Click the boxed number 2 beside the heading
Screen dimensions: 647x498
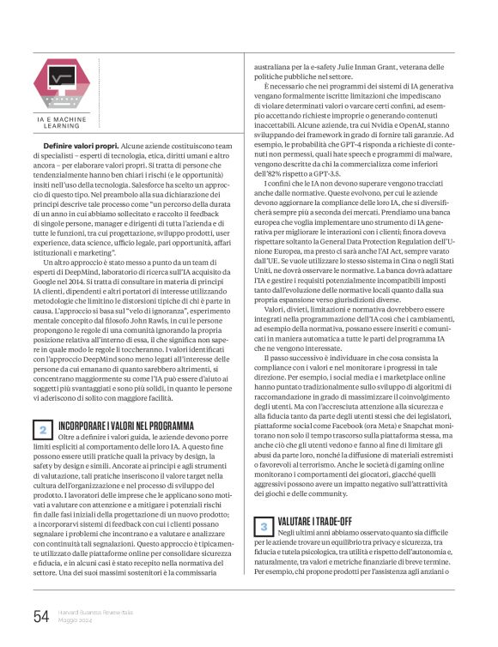coord(43,428)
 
